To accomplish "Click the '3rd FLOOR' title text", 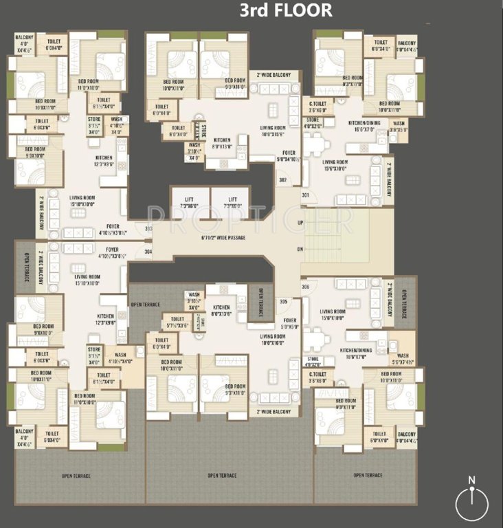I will coord(285,11).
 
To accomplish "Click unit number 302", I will coord(282,180).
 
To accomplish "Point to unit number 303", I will coord(149,229).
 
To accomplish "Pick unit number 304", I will coord(149,251).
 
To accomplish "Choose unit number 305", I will coord(282,301).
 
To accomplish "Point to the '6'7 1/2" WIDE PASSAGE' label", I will coord(214,238).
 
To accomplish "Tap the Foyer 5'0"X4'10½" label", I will coord(289,156).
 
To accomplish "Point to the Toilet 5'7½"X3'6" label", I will coord(177,322).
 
